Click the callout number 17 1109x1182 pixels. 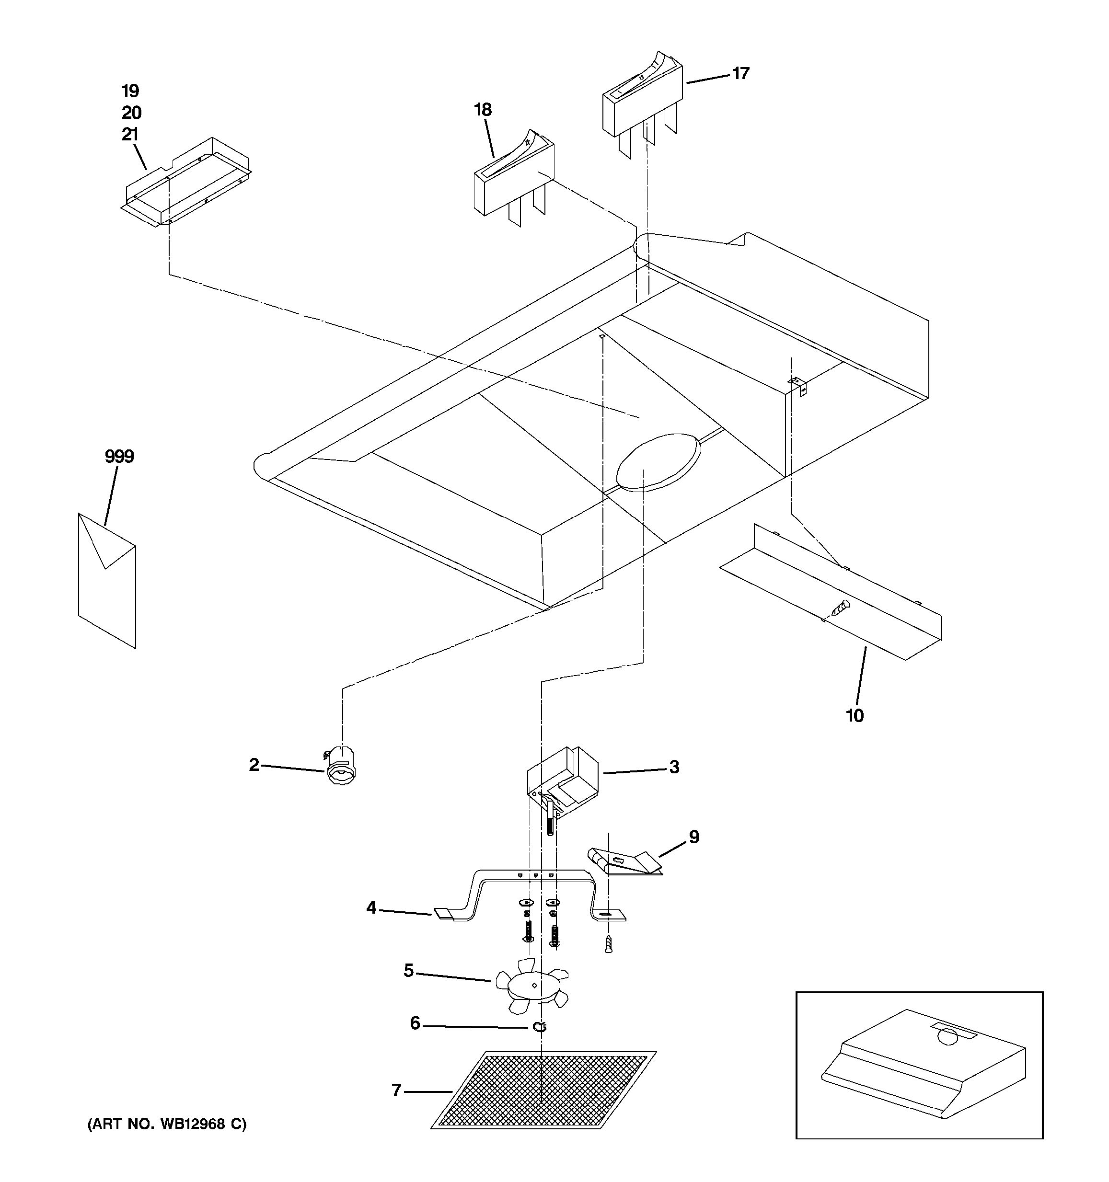(x=740, y=73)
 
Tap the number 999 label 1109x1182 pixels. (x=119, y=457)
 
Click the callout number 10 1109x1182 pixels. (x=855, y=715)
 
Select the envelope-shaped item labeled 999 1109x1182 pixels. (x=107, y=580)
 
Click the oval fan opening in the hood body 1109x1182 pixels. (x=659, y=462)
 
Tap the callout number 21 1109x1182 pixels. (x=130, y=134)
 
